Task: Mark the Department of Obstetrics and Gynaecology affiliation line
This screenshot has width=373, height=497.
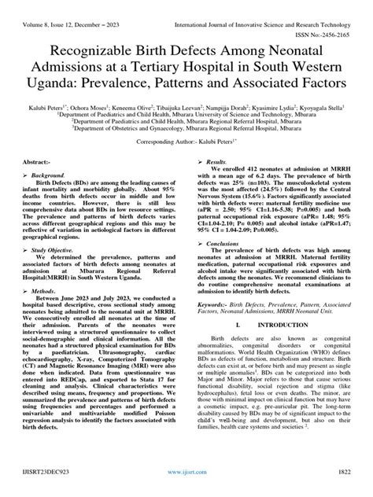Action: tap(186, 145)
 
